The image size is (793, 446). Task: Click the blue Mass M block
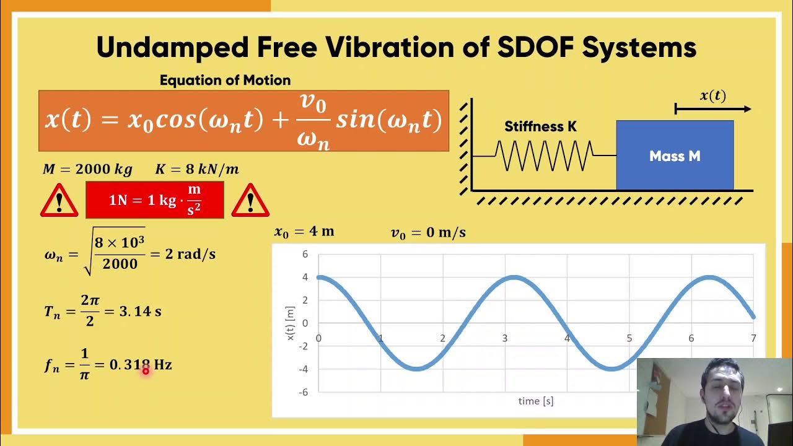pos(675,155)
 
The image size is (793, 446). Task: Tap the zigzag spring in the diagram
pos(544,155)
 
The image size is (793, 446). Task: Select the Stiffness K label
pos(540,127)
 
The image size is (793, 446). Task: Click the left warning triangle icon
pos(59,201)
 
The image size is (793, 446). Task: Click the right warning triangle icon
pos(250,201)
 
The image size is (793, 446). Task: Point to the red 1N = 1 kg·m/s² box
pos(155,200)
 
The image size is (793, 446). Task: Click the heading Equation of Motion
pos(225,81)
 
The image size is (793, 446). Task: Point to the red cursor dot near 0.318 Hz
pos(146,370)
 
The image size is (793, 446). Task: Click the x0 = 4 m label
pos(304,232)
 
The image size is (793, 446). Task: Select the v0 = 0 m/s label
pos(428,233)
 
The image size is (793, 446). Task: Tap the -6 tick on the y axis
pos(304,392)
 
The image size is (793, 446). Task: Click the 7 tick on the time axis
pos(753,338)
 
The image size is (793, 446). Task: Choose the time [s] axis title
pos(536,401)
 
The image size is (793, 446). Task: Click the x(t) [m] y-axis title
pos(291,323)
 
